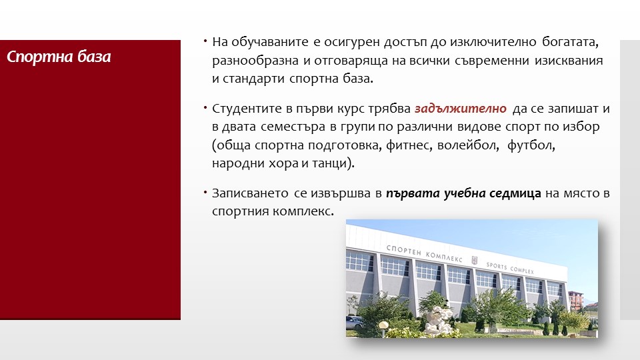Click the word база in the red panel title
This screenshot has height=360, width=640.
click(x=94, y=57)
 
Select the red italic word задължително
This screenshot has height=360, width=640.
click(x=461, y=109)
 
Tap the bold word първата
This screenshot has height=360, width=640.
click(x=413, y=193)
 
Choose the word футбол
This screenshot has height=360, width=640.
click(x=531, y=145)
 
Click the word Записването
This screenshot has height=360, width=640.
click(x=250, y=193)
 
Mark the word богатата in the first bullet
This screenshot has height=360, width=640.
click(x=570, y=42)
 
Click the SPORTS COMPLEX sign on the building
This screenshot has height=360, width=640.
click(x=510, y=268)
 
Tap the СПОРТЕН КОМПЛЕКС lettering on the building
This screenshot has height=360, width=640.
click(x=424, y=253)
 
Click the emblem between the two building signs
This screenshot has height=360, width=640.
click(x=474, y=260)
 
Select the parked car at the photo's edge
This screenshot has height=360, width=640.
click(x=354, y=323)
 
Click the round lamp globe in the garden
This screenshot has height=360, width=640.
click(x=384, y=326)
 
